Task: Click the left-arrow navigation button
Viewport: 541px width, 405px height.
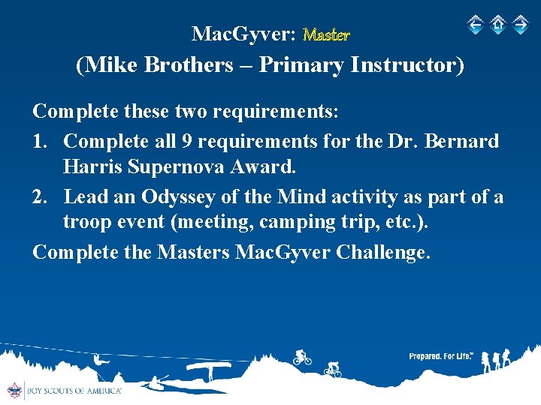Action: [475, 25]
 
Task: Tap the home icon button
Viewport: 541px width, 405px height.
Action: [497, 25]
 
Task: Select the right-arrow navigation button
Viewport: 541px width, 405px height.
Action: [520, 25]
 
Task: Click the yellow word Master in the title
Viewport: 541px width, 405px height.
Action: [326, 34]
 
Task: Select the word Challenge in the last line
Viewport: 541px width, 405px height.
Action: [383, 252]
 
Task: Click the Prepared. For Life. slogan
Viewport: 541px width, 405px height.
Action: [440, 356]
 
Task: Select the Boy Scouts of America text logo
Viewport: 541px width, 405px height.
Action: [74, 391]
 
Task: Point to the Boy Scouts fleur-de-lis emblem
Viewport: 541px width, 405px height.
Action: [13, 390]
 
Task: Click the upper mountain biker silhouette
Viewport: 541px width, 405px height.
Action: [302, 358]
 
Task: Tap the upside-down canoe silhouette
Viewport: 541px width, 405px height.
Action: [208, 367]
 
